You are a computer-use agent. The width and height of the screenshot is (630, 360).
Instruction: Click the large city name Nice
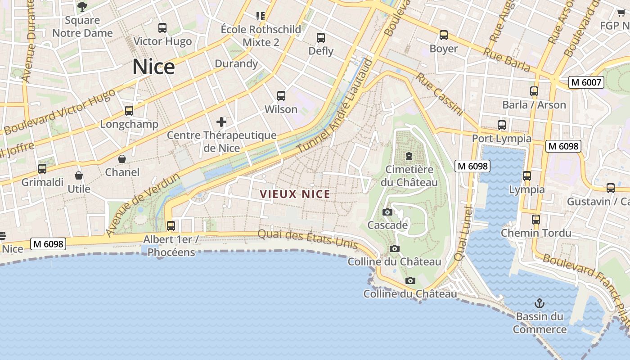click(153, 67)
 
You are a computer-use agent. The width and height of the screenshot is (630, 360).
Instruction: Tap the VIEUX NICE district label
click(295, 194)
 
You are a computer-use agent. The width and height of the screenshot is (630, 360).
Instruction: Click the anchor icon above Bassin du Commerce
click(539, 303)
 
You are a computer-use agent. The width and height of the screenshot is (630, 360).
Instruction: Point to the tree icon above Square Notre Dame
click(82, 6)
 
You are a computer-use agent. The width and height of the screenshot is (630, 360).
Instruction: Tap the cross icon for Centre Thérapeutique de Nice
click(221, 121)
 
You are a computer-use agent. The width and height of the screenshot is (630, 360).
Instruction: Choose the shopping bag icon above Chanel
click(122, 159)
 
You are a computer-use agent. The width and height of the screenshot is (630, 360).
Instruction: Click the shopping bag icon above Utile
click(79, 175)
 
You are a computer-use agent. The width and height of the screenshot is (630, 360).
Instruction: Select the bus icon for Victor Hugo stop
click(162, 28)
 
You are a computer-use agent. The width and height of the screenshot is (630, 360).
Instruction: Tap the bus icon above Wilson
click(281, 96)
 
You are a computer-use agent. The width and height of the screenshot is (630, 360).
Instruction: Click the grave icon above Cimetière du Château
click(409, 156)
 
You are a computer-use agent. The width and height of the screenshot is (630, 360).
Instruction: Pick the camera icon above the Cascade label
click(387, 212)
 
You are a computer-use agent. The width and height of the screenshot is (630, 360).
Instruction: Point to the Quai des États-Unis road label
click(308, 239)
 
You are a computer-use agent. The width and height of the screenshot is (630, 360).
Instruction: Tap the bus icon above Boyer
click(444, 35)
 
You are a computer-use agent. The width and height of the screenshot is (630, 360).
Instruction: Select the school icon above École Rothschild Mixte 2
click(261, 16)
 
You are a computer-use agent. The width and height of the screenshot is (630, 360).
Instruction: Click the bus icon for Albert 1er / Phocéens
click(171, 226)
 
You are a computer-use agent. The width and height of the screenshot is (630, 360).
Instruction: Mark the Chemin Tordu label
click(536, 233)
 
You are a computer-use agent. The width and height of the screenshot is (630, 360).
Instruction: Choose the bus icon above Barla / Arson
click(534, 91)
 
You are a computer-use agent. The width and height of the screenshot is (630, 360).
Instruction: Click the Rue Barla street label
click(507, 59)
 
